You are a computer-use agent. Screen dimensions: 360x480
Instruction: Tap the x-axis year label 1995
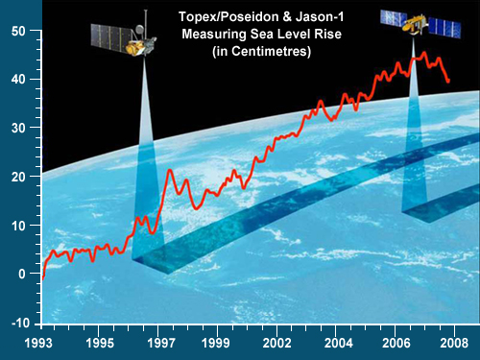pos(99,343)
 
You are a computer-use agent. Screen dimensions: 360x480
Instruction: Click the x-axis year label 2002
pos(277,343)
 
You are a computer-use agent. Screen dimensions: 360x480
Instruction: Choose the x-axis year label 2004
pos(336,343)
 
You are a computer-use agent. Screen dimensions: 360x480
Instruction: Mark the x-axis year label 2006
pos(396,343)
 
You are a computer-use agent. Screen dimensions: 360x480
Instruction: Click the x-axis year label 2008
pos(453,343)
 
